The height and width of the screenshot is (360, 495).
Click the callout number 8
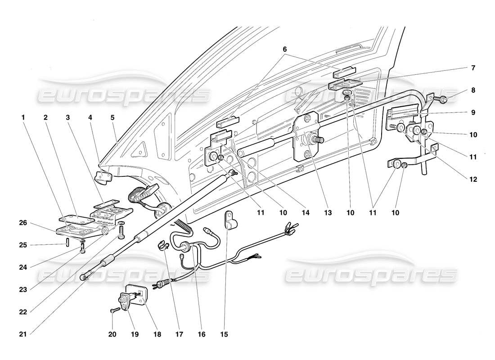[x=473, y=90]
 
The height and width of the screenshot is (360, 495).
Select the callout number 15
[x=224, y=334]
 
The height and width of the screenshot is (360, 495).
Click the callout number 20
[x=112, y=334]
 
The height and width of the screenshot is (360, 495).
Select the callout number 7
[x=473, y=68]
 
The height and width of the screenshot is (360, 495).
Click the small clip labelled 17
[x=163, y=245]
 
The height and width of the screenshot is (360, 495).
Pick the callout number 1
[x=22, y=118]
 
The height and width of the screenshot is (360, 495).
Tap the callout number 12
[x=473, y=179]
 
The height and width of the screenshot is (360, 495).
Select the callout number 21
[x=22, y=334]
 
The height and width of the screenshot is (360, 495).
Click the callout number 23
[x=22, y=289]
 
